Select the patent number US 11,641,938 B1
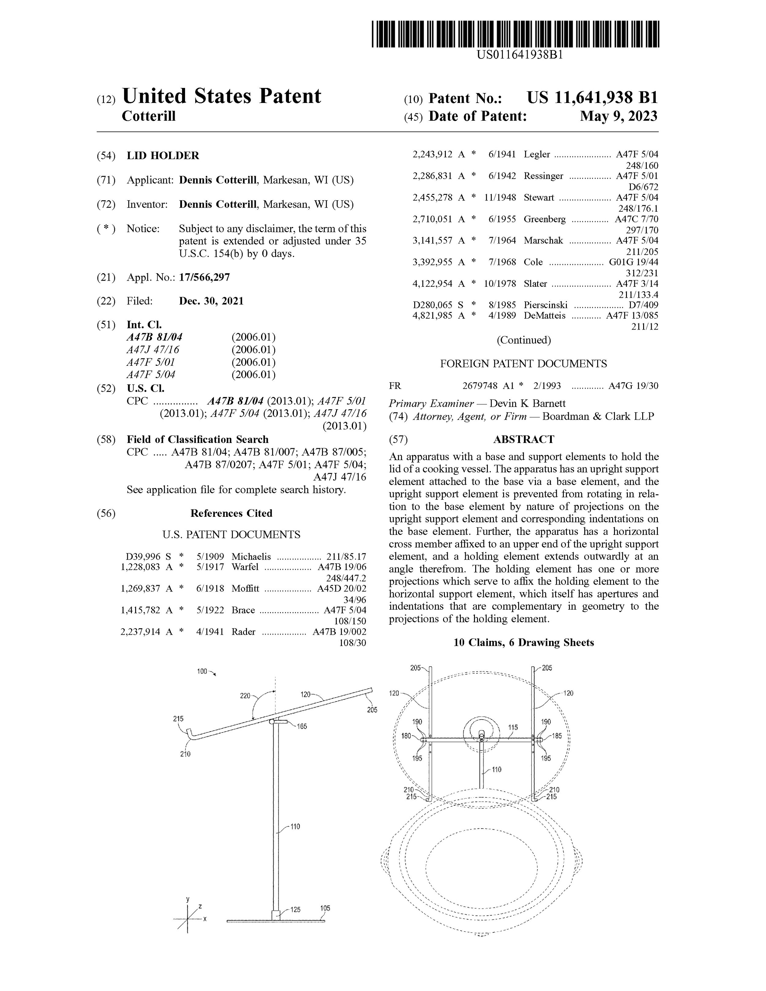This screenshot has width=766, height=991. (592, 97)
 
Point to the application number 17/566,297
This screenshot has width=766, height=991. (204, 277)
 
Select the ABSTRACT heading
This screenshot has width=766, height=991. (523, 439)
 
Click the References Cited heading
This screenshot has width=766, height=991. (231, 513)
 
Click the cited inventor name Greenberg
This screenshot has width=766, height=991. (544, 219)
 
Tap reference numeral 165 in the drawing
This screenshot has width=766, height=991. (302, 726)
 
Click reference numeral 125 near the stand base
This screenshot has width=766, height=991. (295, 909)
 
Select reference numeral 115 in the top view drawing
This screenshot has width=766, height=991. (513, 727)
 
